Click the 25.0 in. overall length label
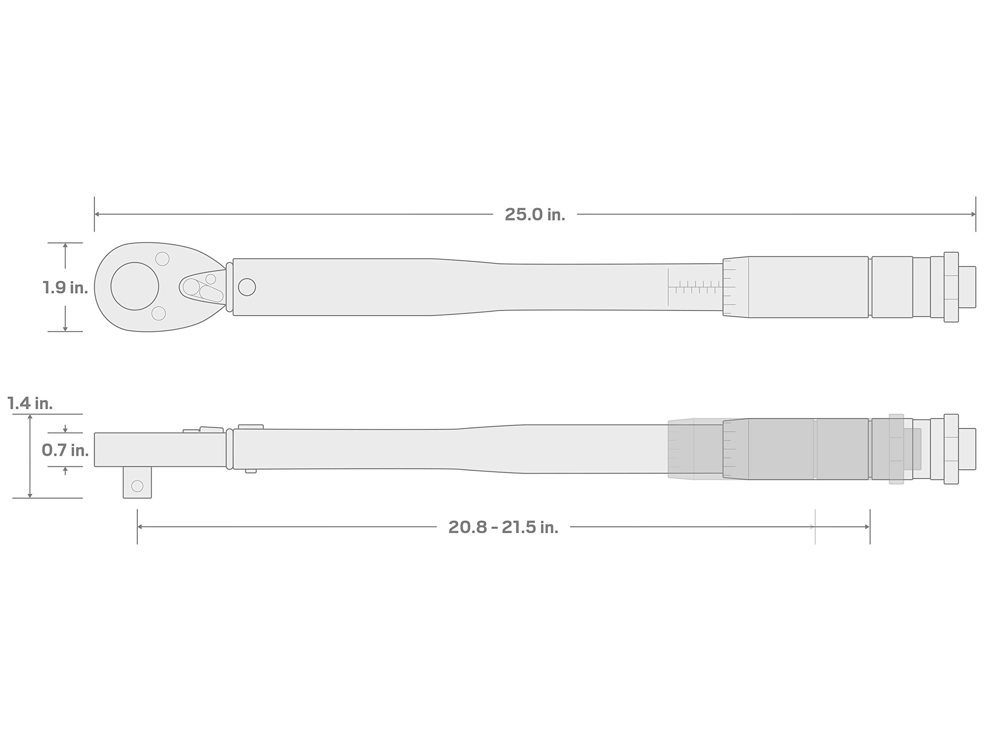coord(535,215)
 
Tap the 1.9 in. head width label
coord(65,288)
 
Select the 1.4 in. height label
coord(30,404)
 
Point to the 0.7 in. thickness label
coord(65,450)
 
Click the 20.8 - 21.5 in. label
coord(503,528)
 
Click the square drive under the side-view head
coord(137,482)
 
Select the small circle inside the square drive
coord(137,486)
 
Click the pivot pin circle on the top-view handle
coord(247,287)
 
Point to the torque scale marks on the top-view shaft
coord(695,287)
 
